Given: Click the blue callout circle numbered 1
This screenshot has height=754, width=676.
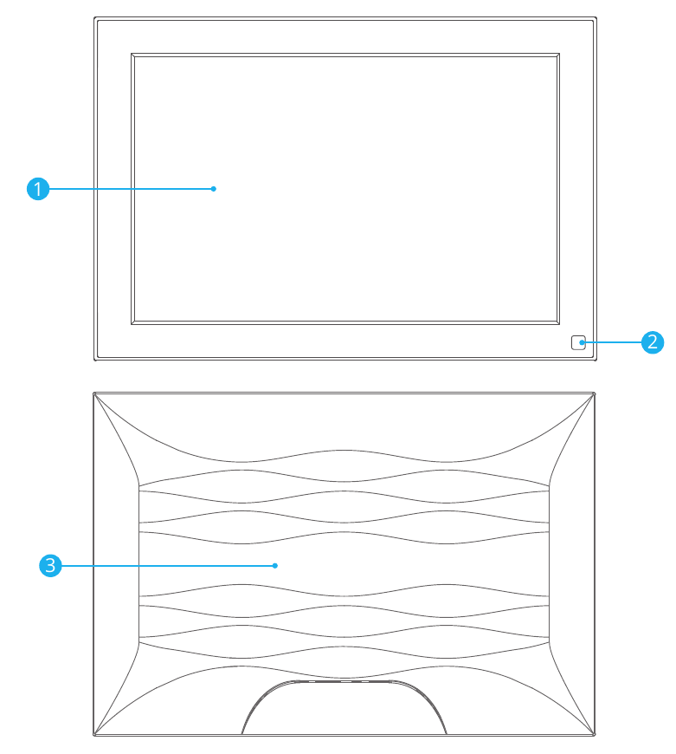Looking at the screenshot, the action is coord(38,189).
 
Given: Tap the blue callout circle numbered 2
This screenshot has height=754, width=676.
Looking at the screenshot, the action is coord(653,342).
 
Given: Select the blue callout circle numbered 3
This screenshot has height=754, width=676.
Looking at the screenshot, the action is coord(50,565).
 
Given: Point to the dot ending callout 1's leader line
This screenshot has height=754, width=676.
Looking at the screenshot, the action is coord(214,189).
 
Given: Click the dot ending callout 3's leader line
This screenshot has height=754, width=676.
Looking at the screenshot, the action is coord(275,565).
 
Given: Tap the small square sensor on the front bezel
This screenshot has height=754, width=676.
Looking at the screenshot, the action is coord(578,342).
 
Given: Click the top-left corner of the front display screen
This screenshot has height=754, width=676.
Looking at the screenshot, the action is coord(132,54).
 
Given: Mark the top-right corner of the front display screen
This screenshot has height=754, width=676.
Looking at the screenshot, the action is coord(559,54).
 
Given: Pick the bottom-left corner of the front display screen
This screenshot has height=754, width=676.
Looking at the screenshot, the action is coord(132,324).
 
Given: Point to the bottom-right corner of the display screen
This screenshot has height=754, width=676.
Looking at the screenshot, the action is coord(559,324).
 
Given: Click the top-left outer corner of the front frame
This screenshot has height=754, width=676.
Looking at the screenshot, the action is coord(94,18).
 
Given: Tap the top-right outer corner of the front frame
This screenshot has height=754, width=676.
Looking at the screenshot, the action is coord(596,18).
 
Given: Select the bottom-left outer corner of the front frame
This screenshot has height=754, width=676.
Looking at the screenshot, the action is coord(94,360).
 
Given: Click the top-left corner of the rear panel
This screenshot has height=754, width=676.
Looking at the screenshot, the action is coord(93,393).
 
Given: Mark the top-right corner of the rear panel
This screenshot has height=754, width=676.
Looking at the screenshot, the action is coord(595,393).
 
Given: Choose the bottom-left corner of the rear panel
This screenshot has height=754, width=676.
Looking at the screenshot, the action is coord(93,735).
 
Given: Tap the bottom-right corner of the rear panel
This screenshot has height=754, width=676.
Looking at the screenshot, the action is coord(595,735).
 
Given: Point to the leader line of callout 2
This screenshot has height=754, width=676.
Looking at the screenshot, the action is coord(612,342).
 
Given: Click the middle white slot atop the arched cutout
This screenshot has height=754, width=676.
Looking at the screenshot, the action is coord(346,681).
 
